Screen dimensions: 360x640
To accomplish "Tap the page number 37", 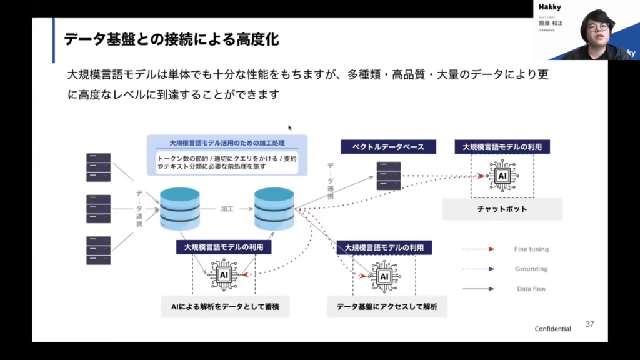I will coord(590,324).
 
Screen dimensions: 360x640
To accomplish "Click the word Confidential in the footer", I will coord(552,329).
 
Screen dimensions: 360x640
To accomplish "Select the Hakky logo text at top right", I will coord(551,6).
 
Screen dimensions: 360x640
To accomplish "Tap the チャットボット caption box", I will coord(502,209).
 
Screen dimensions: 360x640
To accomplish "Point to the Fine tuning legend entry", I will coord(531,249).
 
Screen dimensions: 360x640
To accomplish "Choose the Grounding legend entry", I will coord(531,269).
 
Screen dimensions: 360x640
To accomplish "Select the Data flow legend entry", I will coord(532,289).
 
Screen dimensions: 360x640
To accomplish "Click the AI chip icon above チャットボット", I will coord(502,176).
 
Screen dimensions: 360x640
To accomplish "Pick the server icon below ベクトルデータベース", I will coord(389,176).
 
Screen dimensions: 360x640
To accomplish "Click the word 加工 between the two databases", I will coord(227,209).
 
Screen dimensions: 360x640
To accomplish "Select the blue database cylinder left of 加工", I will coord(180,208).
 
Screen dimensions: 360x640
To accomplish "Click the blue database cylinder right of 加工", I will coord(274,208).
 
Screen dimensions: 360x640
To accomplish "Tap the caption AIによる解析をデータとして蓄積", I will coord(224,307).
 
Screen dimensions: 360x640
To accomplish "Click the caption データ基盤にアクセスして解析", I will coord(387,307).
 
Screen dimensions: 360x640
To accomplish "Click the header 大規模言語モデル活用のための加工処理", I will coord(227,142).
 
